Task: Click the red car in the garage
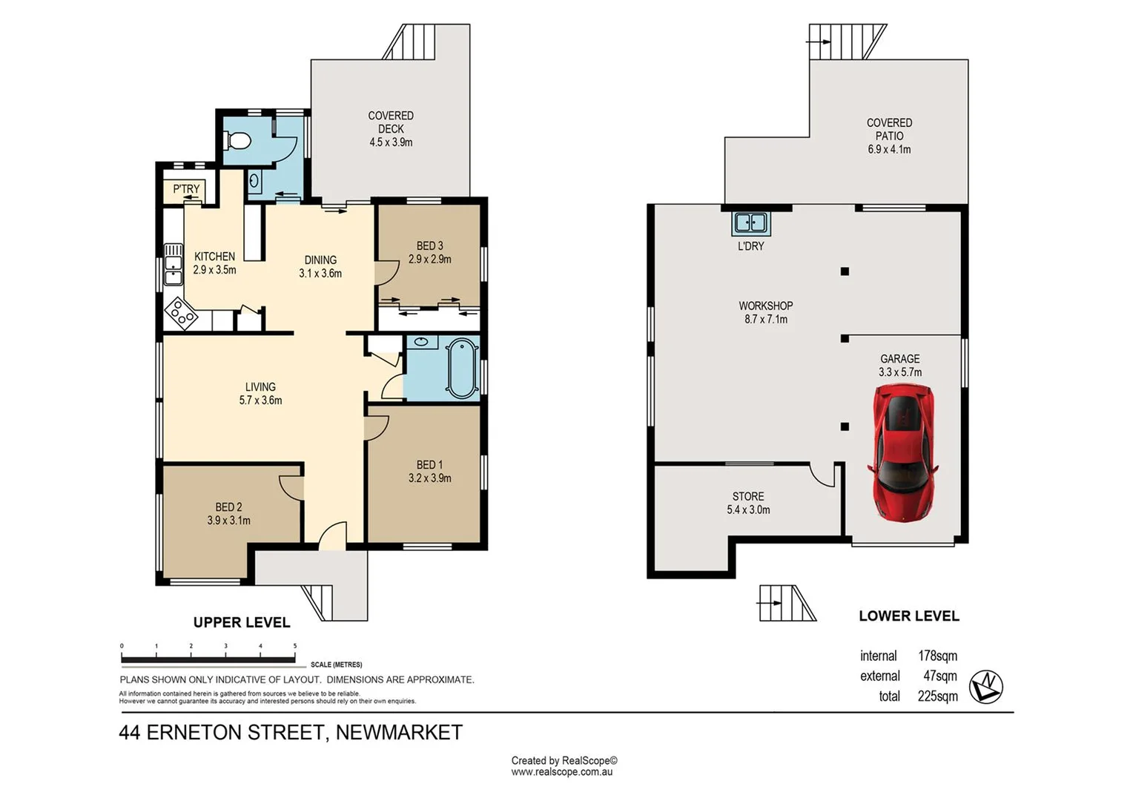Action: [902, 452]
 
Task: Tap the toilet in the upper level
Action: [239, 139]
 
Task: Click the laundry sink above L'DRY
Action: [750, 222]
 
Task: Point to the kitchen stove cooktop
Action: [180, 313]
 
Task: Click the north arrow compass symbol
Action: [986, 687]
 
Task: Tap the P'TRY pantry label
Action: [186, 189]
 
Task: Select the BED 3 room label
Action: [429, 245]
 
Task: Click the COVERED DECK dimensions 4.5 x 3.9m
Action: [391, 142]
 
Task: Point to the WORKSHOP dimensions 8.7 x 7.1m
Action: [766, 320]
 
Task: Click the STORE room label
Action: [747, 496]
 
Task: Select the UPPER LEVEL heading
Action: [242, 622]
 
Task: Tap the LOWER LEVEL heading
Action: [908, 616]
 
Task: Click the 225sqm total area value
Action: [937, 696]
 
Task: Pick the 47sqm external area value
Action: [939, 676]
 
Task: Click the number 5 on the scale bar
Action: [295, 646]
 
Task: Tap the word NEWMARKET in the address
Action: [399, 733]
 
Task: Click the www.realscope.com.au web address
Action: [561, 772]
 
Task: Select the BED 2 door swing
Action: [292, 486]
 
